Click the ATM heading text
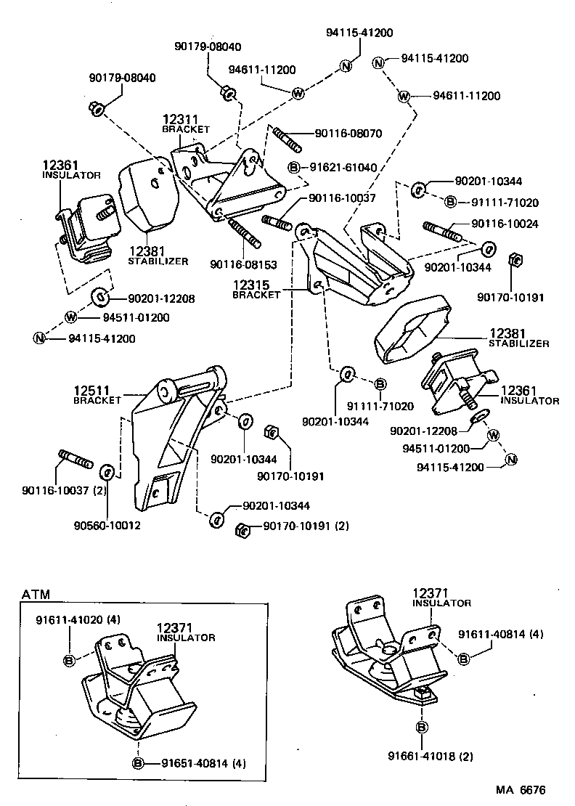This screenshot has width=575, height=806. point(36,594)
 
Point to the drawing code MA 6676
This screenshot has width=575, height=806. point(520,789)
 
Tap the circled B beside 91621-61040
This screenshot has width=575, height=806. point(294,168)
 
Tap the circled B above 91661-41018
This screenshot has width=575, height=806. point(421,727)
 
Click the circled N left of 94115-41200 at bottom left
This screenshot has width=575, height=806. point(38,338)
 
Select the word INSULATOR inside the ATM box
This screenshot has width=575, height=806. point(186,638)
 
